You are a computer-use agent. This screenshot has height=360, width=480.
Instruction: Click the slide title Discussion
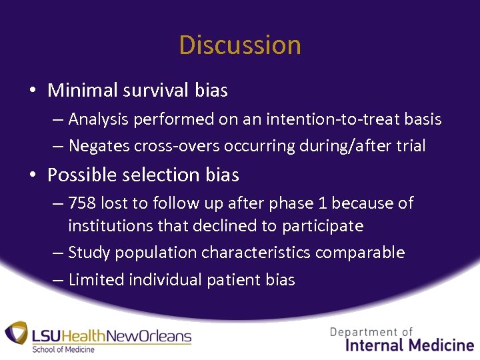[240, 45]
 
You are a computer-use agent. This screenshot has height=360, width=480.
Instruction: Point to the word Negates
[97, 145]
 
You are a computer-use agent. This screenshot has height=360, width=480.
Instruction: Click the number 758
[82, 203]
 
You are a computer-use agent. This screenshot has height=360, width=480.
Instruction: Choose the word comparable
[360, 253]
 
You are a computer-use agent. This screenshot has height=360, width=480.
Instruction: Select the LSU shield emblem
[17, 335]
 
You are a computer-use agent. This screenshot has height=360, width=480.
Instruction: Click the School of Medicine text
[63, 349]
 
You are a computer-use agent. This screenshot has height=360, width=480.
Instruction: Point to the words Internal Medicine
[410, 345]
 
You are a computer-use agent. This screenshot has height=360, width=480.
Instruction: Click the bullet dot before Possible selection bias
[33, 175]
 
